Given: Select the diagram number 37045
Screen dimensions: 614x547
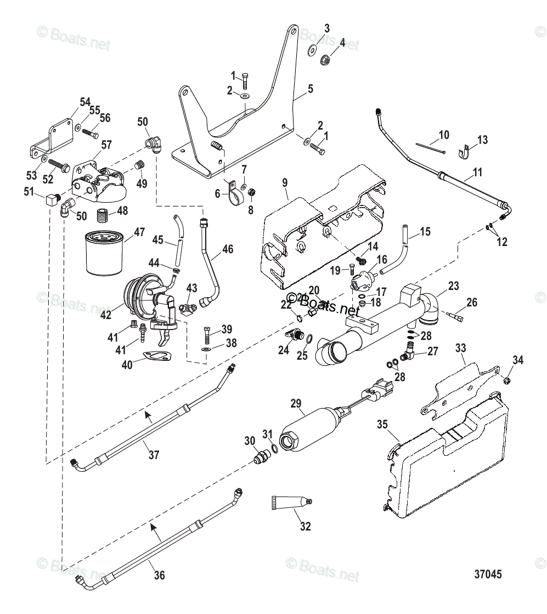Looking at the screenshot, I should coord(488,574).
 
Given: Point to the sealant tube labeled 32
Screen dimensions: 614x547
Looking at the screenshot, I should coord(291,503).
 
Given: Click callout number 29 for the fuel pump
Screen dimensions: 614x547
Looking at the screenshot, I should coord(296,404).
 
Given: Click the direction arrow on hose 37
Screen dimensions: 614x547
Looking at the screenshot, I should coord(148,415).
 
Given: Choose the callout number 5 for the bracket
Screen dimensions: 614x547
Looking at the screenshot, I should coord(311,88).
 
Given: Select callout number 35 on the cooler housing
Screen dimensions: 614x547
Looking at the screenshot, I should coord(382,425).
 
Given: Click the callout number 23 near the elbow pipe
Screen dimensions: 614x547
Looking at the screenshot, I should coord(453,286).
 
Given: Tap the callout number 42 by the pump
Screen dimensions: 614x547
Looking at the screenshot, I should coord(106,315).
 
